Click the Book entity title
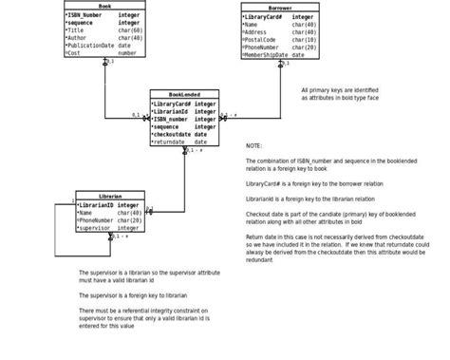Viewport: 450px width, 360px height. point(104,7)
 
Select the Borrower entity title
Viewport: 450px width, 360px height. point(279,8)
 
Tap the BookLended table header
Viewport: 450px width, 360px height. point(184,94)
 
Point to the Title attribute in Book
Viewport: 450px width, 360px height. point(75,30)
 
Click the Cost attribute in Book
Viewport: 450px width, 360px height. point(73,53)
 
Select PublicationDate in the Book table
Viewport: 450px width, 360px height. point(89,46)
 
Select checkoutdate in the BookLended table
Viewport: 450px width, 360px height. point(171,134)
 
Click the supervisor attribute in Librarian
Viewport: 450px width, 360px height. point(96,228)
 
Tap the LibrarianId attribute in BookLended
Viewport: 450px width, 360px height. point(171,111)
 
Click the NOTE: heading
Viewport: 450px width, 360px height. point(253,146)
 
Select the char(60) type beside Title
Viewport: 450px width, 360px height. point(130,30)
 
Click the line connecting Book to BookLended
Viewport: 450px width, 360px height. point(104,90)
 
